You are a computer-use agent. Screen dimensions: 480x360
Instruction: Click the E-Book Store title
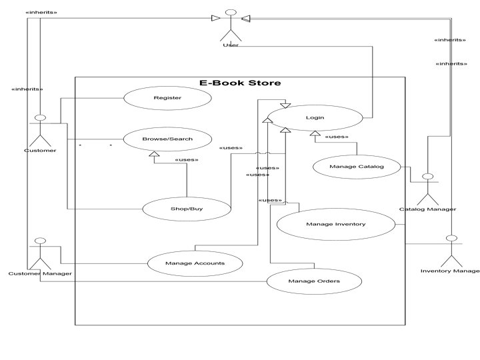click(x=240, y=83)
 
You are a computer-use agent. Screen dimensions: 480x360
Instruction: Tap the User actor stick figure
click(x=231, y=25)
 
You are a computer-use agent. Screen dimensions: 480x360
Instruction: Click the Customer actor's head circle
click(x=41, y=117)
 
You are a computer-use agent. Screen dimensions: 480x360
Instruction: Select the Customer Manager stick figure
click(x=40, y=254)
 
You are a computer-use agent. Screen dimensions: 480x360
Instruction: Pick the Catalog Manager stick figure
click(x=427, y=189)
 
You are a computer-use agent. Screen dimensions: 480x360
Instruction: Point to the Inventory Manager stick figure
click(x=451, y=251)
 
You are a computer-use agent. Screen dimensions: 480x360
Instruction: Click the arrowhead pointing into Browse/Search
click(x=154, y=154)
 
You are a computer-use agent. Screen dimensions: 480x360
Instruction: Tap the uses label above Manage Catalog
click(x=337, y=137)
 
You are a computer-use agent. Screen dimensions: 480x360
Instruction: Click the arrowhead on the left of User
click(x=216, y=18)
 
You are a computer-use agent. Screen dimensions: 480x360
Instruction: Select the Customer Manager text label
click(x=40, y=274)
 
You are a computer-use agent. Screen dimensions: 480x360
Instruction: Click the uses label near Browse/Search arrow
click(x=187, y=160)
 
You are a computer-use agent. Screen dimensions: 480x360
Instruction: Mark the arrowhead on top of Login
click(x=285, y=105)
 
